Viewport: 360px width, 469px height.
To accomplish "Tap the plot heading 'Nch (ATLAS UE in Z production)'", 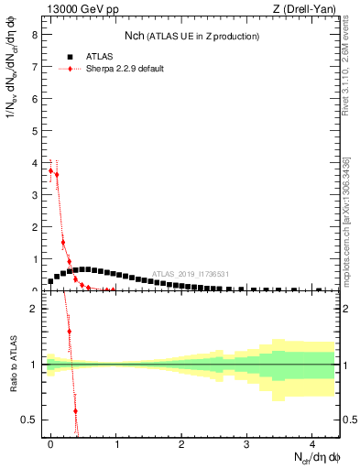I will point(191,36).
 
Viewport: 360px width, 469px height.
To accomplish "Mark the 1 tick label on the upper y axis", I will point(34,259).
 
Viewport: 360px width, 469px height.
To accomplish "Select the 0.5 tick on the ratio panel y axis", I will point(30,420).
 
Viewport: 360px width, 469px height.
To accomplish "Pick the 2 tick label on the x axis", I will point(181,443).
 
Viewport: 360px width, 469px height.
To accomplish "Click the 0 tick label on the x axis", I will point(50,443).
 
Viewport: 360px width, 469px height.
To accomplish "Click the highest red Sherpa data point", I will point(50,170).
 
